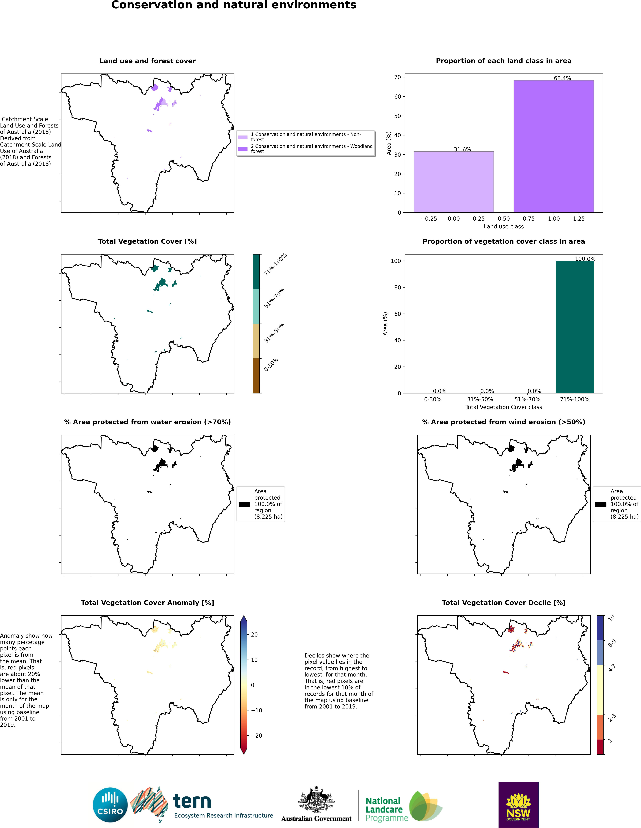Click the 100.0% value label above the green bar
[585, 259]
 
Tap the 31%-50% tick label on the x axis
[480, 399]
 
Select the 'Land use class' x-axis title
[504, 226]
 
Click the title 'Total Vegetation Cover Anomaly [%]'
[147, 602]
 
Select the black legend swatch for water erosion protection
[244, 504]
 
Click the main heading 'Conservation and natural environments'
[234, 5]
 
